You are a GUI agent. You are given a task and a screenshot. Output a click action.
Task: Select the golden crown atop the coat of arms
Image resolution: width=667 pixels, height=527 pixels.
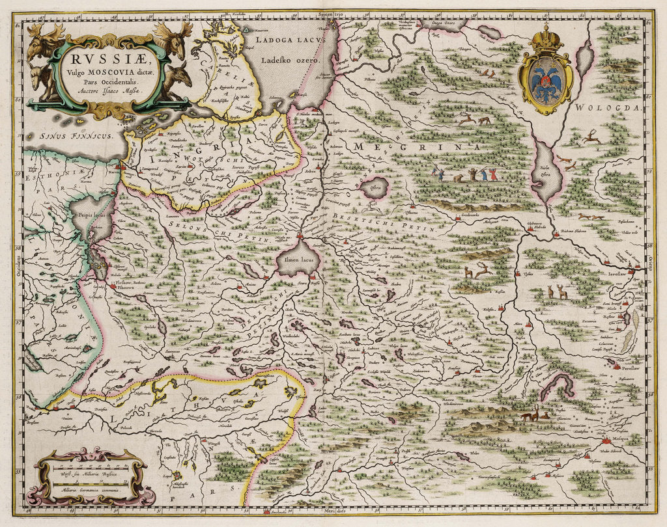[x=546, y=40]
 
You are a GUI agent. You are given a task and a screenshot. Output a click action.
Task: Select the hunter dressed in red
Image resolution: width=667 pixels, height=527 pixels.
[x=492, y=174]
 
